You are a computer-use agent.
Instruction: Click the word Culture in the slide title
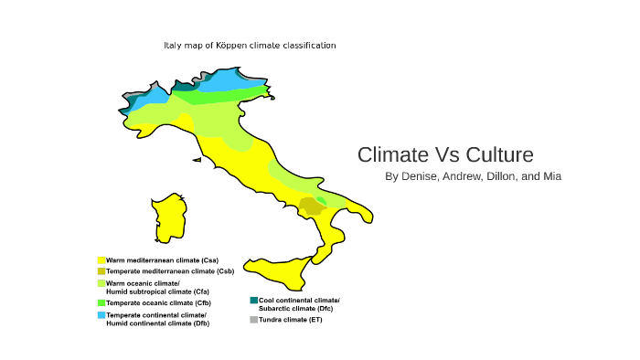[500, 154]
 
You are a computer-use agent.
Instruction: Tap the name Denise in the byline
[420, 175]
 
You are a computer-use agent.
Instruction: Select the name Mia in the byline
[551, 175]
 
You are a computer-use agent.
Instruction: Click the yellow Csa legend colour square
[101, 260]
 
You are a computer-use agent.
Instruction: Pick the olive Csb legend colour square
[101, 271]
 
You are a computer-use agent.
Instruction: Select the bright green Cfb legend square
[101, 302]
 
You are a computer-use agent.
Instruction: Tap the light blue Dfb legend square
[101, 315]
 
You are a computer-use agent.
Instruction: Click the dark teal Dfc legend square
[254, 301]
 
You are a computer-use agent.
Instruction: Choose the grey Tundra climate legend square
[254, 320]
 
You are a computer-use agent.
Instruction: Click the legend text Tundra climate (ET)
[291, 320]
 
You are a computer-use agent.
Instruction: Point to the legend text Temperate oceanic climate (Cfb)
[158, 302]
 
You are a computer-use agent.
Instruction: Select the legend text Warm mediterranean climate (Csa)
[162, 260]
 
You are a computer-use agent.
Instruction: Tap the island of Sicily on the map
[289, 270]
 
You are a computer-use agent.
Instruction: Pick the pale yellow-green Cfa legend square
[101, 284]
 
